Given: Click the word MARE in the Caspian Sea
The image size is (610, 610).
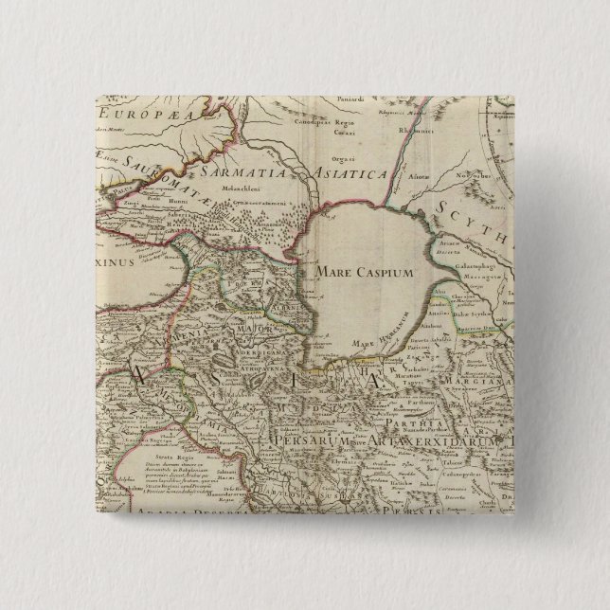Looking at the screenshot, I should [x=328, y=272].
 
